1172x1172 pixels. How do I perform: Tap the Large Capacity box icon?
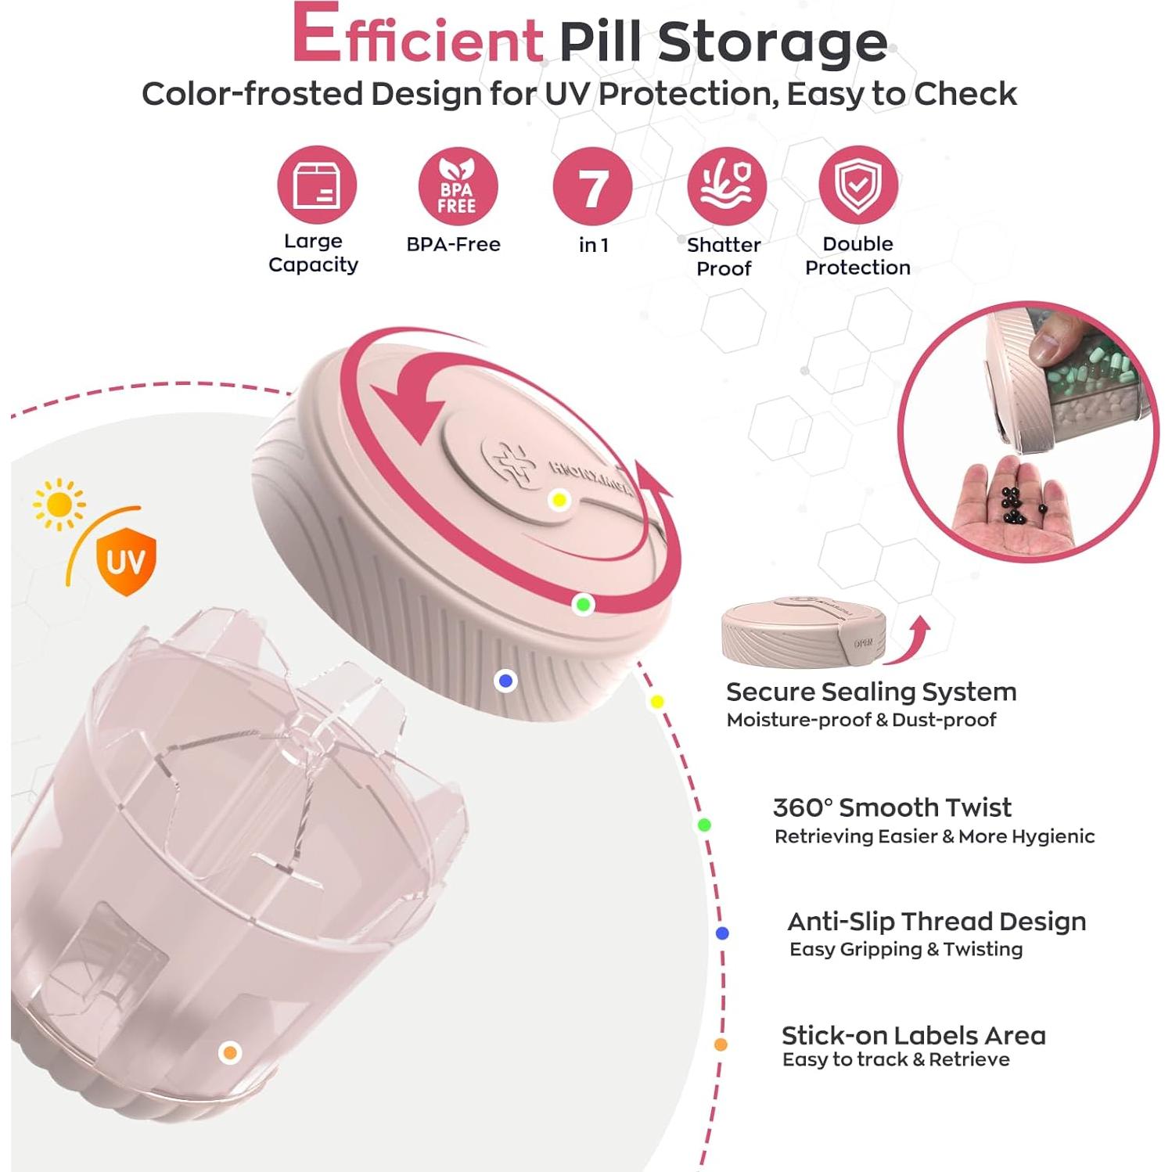pyautogui.click(x=316, y=185)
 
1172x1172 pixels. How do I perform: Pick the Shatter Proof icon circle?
pyautogui.click(x=726, y=185)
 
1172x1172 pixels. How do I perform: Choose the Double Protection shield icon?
pyautogui.click(x=857, y=185)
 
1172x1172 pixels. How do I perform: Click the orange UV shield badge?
pyautogui.click(x=125, y=560)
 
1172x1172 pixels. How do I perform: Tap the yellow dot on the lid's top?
pyautogui.click(x=559, y=500)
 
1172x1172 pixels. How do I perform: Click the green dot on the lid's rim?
pyautogui.click(x=583, y=604)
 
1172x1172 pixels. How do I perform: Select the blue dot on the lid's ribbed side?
pyautogui.click(x=505, y=681)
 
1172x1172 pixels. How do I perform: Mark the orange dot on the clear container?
pyautogui.click(x=229, y=1052)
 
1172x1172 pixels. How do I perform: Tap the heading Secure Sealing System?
pyautogui.click(x=871, y=692)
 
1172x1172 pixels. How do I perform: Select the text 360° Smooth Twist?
pyautogui.click(x=891, y=807)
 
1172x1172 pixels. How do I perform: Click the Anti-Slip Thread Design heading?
pyautogui.click(x=936, y=921)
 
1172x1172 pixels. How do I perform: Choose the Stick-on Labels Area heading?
pyautogui.click(x=913, y=1035)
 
